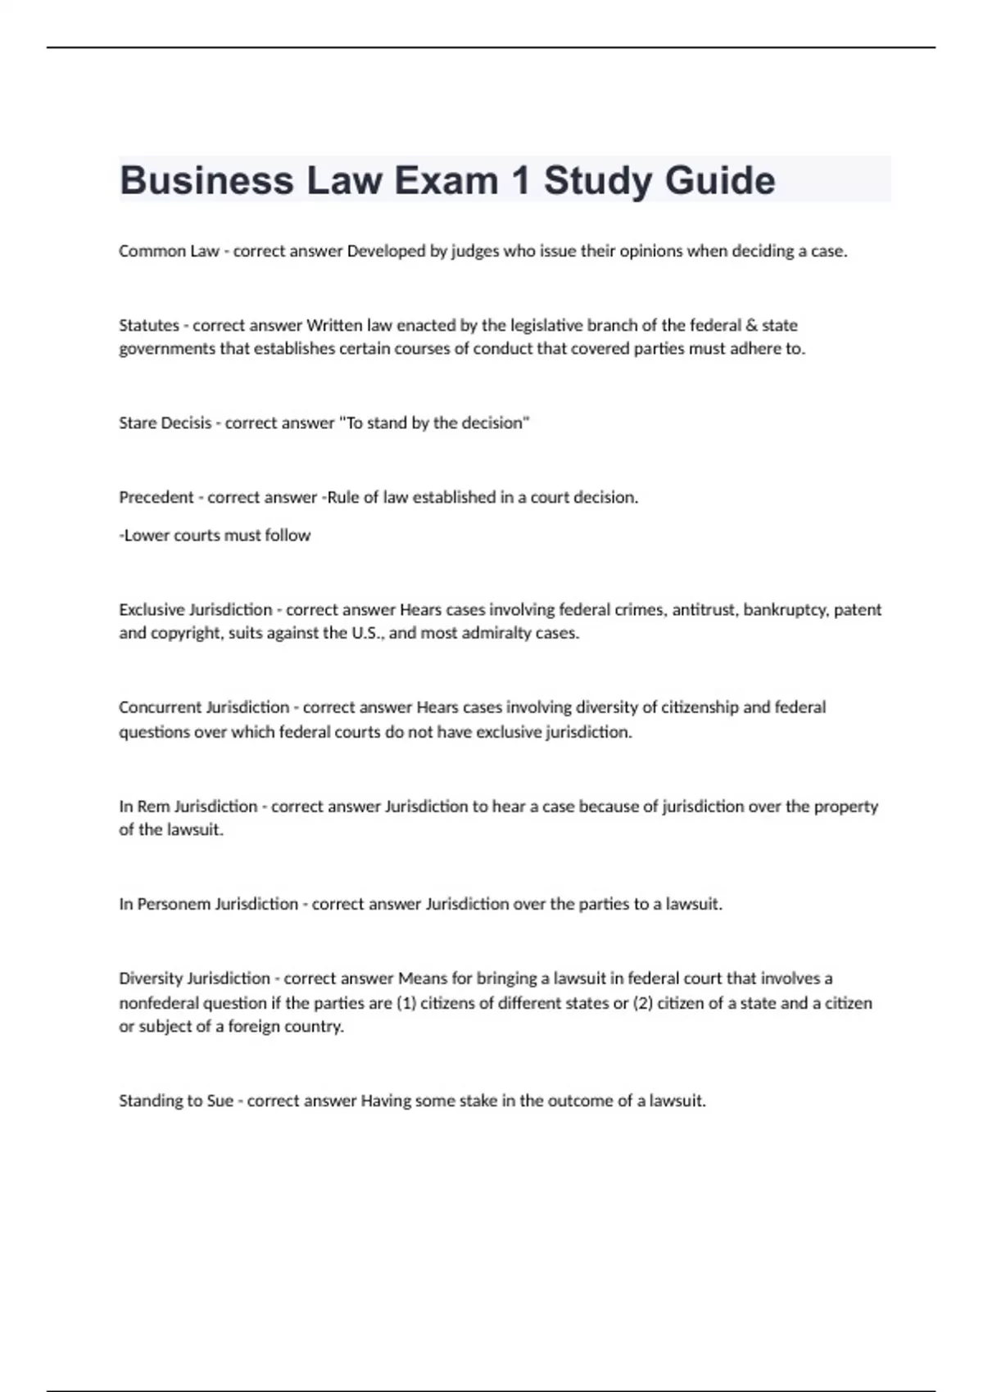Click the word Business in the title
pyautogui.click(x=206, y=180)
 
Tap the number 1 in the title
pyautogui.click(x=520, y=180)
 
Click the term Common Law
pyautogui.click(x=169, y=251)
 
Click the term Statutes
pyautogui.click(x=149, y=325)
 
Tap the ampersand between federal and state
pyautogui.click(x=750, y=325)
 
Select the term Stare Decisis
pyautogui.click(x=165, y=423)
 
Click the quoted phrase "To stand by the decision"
pyautogui.click(x=434, y=423)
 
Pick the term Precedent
pyautogui.click(x=156, y=497)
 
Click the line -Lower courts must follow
pyautogui.click(x=215, y=536)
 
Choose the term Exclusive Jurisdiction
pyautogui.click(x=195, y=610)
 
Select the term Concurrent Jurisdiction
pyautogui.click(x=204, y=707)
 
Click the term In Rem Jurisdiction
pyautogui.click(x=188, y=807)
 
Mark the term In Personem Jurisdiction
pyautogui.click(x=208, y=904)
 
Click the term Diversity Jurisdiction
pyautogui.click(x=194, y=978)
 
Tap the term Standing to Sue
pyautogui.click(x=176, y=1101)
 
